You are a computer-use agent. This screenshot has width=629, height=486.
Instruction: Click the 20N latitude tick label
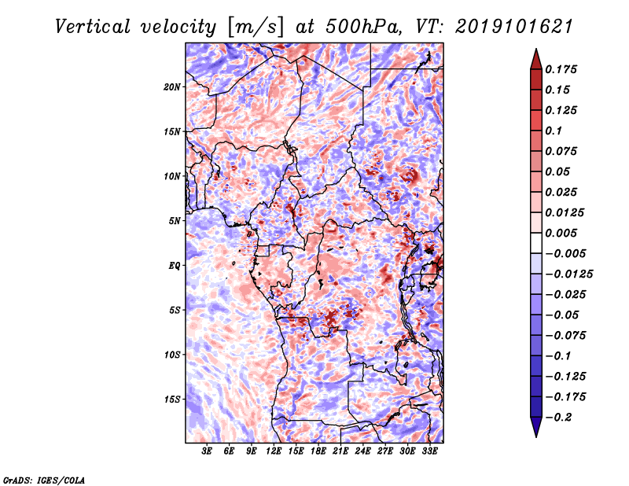[x=171, y=87]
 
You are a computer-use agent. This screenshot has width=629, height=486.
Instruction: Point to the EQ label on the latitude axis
[x=174, y=266]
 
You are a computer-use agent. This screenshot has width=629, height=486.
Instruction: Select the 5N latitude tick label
[x=174, y=221]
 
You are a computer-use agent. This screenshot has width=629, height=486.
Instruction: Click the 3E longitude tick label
[x=207, y=451]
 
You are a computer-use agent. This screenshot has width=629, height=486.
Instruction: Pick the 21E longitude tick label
[x=340, y=451]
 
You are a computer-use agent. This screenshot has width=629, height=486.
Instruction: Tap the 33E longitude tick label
[x=429, y=451]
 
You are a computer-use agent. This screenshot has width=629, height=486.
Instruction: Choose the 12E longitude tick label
[x=273, y=451]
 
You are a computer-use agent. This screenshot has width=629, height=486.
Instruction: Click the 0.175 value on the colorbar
[x=561, y=70]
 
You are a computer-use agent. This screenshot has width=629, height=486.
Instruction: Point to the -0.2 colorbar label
[x=558, y=418]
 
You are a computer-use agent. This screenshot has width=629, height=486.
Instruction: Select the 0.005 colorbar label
[x=561, y=233]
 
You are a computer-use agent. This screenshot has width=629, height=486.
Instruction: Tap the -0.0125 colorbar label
[x=568, y=274]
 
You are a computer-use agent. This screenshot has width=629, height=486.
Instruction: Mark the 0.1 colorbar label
[x=554, y=131]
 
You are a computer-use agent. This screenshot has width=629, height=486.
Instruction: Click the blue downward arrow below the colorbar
[x=536, y=427]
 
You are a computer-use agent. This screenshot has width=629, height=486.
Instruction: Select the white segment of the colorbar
[x=536, y=243]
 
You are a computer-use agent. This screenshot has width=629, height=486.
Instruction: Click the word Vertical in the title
[x=93, y=27]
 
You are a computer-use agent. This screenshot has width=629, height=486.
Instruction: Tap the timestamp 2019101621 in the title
[x=514, y=27]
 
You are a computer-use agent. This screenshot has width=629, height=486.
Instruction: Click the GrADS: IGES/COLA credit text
[x=44, y=480]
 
